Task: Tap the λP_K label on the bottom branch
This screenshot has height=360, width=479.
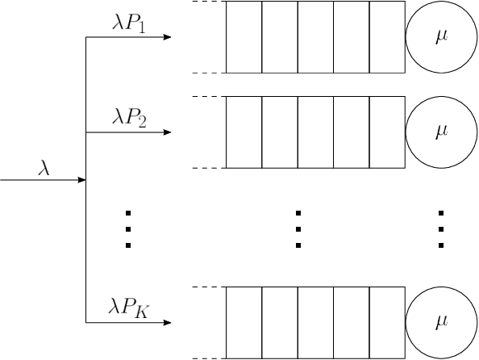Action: [129, 308]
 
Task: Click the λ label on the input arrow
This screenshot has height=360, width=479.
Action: [45, 168]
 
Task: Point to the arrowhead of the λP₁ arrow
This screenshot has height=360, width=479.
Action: [167, 37]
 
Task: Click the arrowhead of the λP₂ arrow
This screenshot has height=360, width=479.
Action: [167, 132]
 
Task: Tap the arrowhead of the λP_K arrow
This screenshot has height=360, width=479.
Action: [167, 323]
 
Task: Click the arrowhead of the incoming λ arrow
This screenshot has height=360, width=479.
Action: [81, 179]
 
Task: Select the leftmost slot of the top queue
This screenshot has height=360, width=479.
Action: [244, 37]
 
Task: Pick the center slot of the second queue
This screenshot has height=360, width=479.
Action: [315, 132]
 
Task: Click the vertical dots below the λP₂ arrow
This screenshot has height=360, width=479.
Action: [129, 228]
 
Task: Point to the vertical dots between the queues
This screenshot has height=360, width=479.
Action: [298, 228]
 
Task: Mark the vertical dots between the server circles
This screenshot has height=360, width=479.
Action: [441, 228]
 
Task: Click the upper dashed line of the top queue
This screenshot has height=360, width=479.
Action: [208, 2]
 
